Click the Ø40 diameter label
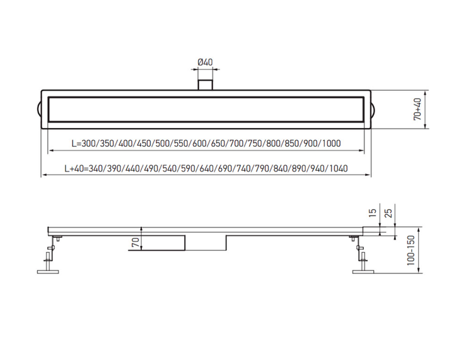pyautogui.click(x=205, y=62)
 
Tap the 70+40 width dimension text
pyautogui.click(x=417, y=109)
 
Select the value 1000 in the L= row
pyautogui.click(x=331, y=143)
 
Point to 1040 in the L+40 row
pyautogui.click(x=338, y=168)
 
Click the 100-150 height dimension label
pyautogui.click(x=411, y=250)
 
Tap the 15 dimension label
pyautogui.click(x=373, y=213)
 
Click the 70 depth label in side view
pyautogui.click(x=136, y=243)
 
